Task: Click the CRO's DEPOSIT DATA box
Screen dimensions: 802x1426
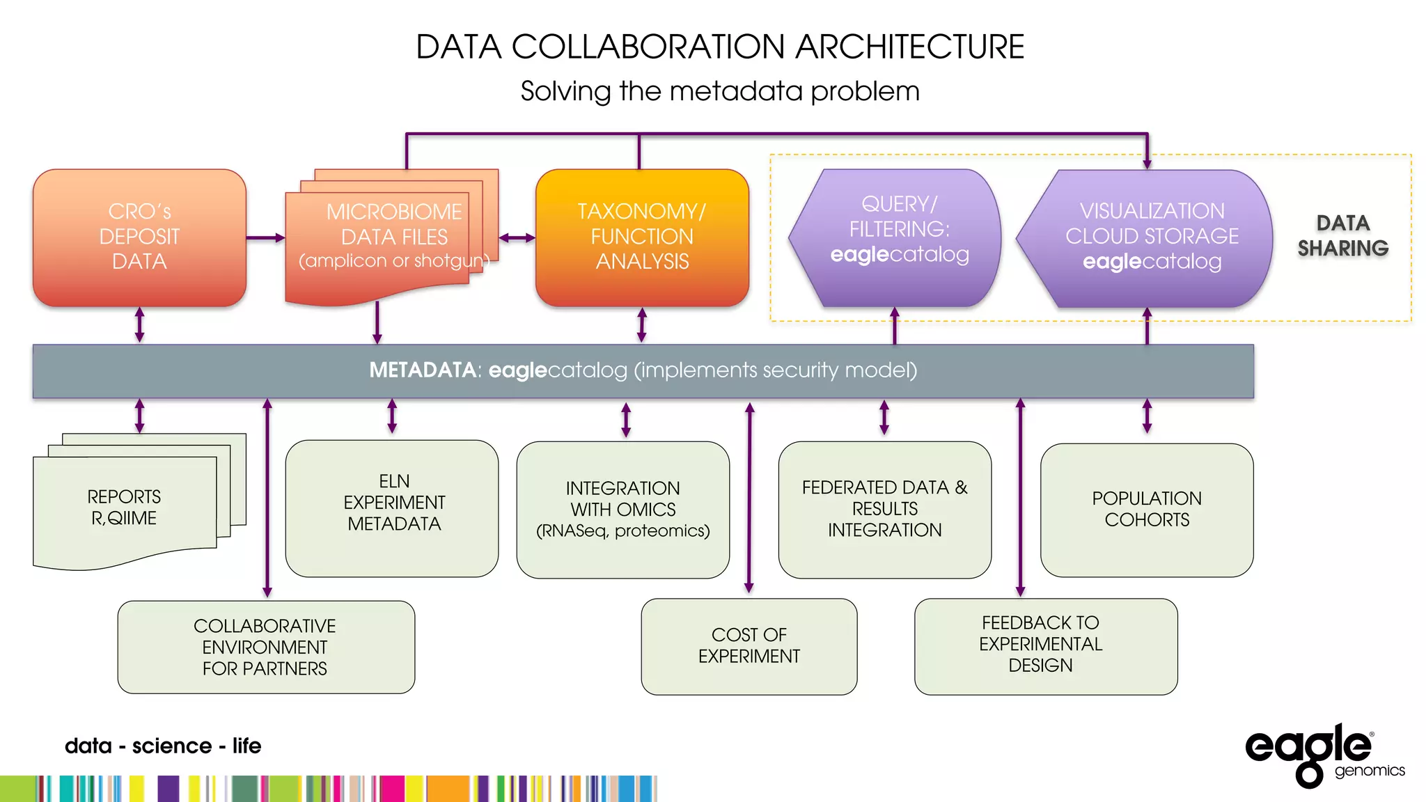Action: (139, 237)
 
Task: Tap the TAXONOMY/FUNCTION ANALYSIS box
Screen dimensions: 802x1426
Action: (642, 237)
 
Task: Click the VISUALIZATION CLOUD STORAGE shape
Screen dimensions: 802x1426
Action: (1149, 237)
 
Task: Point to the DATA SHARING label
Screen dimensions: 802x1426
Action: (1342, 235)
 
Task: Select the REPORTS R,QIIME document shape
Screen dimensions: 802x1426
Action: (125, 508)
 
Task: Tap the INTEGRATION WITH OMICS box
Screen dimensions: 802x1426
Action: (622, 509)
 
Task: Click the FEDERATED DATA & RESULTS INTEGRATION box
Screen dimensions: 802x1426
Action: (884, 509)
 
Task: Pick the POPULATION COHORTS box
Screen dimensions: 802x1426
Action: (1147, 509)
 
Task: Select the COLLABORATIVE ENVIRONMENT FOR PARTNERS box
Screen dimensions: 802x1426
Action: (265, 647)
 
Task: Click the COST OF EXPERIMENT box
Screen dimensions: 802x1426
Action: (749, 646)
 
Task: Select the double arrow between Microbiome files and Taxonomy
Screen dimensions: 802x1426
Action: (517, 238)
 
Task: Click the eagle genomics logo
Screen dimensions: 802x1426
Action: (1319, 754)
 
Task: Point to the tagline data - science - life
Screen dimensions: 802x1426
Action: (163, 746)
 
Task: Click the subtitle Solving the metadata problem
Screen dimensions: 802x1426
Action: (720, 91)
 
